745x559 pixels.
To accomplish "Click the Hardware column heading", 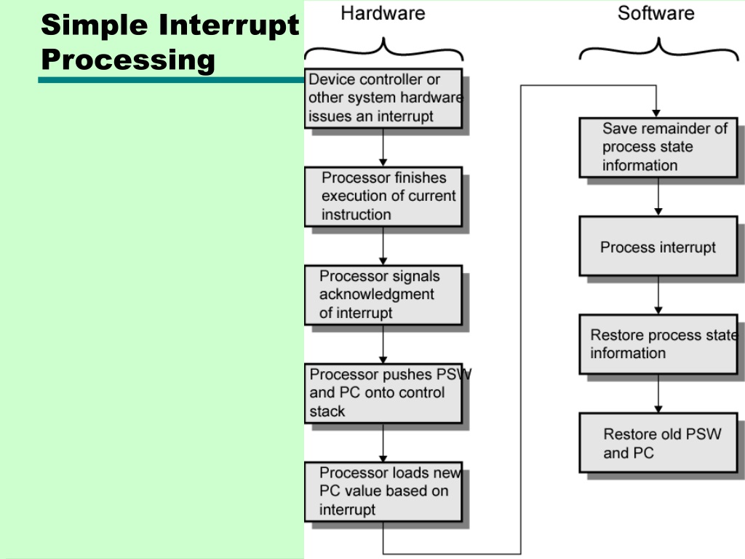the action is [x=383, y=13].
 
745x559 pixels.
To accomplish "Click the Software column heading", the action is [x=656, y=13].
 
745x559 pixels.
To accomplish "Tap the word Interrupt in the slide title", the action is [x=228, y=25].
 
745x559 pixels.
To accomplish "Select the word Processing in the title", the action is [x=128, y=60].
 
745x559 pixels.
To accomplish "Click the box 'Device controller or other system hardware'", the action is [x=383, y=98].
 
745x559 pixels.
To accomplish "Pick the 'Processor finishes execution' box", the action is [x=383, y=197].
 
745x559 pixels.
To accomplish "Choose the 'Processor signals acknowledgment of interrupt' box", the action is [x=383, y=295].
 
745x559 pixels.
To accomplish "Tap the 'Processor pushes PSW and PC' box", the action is [x=383, y=393].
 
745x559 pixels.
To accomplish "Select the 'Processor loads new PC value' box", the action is [x=383, y=491].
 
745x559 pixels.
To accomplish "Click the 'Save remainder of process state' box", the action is [x=658, y=147].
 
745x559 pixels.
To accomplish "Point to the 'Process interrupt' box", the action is [x=658, y=246].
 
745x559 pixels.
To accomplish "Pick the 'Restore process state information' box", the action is [x=658, y=344].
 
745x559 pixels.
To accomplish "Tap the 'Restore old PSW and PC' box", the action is [x=658, y=443].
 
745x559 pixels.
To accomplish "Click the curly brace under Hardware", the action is [x=383, y=47].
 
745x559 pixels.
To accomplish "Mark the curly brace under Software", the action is [x=658, y=47].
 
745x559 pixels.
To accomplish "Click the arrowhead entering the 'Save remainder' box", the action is [x=656, y=114].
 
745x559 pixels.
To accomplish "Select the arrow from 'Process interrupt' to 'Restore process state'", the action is [x=658, y=296].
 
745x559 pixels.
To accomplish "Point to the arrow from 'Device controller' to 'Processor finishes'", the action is [x=383, y=147].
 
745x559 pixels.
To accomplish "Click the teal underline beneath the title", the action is [x=171, y=80].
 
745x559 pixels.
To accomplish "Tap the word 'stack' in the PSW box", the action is [x=327, y=411].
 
